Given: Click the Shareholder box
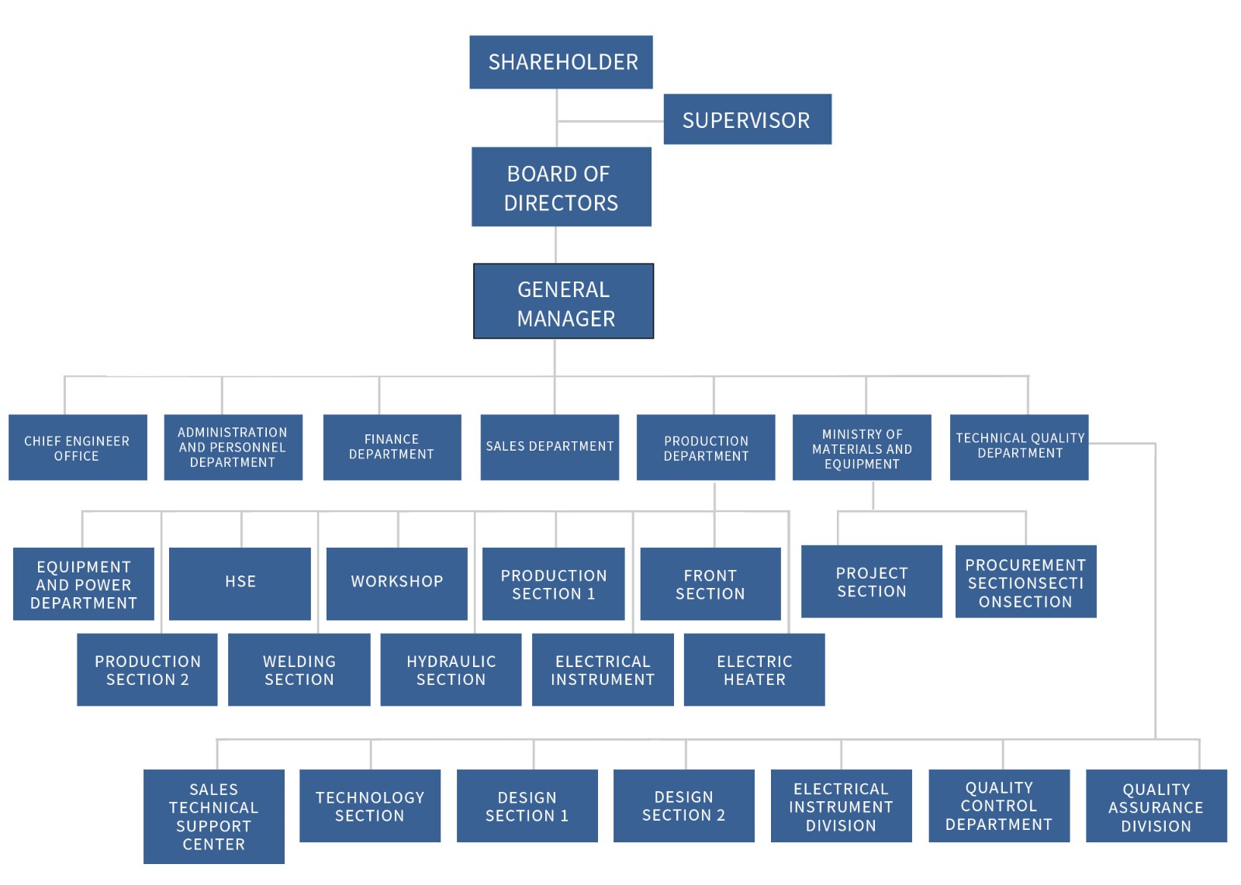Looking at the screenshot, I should pyautogui.click(x=561, y=62).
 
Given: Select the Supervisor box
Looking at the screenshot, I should pyautogui.click(x=747, y=119).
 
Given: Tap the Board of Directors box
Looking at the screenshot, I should pyautogui.click(x=561, y=187).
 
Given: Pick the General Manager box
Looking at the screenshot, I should pyautogui.click(x=564, y=302).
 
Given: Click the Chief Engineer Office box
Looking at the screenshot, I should pyautogui.click(x=78, y=448).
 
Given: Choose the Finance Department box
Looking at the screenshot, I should pyautogui.click(x=392, y=448).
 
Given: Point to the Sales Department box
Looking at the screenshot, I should pyautogui.click(x=549, y=448).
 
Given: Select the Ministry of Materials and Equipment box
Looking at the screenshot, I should pyautogui.click(x=862, y=448).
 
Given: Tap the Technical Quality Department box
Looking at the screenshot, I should pyautogui.click(x=1019, y=448).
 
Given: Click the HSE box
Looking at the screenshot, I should pyautogui.click(x=240, y=583).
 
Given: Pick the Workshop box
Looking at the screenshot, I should pyautogui.click(x=396, y=583).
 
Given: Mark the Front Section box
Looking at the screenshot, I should pyautogui.click(x=710, y=583).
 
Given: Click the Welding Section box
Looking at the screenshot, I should pyautogui.click(x=299, y=669).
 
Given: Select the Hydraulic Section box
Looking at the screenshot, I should pyautogui.click(x=451, y=669).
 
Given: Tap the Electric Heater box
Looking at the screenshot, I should pyautogui.click(x=754, y=669).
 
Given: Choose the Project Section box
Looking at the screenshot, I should pyautogui.click(x=871, y=582).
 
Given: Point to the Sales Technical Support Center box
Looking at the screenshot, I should pyautogui.click(x=213, y=816).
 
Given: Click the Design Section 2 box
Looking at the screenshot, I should pyautogui.click(x=683, y=806).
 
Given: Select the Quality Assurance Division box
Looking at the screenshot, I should pyautogui.click(x=1156, y=806).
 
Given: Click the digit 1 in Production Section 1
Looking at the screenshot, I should pyautogui.click(x=591, y=594).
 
